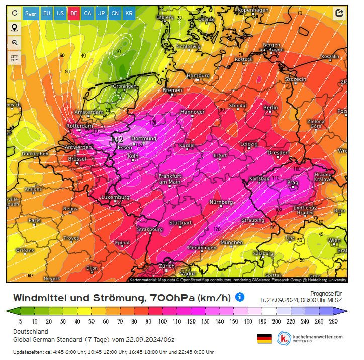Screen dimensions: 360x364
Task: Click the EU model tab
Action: pyautogui.click(x=47, y=13)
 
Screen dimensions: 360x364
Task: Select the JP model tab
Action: pyautogui.click(x=102, y=13)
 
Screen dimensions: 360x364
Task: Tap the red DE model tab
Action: pyautogui.click(x=74, y=13)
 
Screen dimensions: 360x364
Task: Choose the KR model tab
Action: pyautogui.click(x=129, y=13)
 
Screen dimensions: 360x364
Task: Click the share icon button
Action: pyautogui.click(x=339, y=13)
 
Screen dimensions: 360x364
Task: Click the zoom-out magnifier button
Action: pyautogui.click(x=14, y=42)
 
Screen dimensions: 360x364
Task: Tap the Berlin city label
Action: pyautogui.click(x=270, y=108)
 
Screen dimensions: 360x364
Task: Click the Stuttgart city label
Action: pyautogui.click(x=180, y=222)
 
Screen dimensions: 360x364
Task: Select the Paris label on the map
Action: pyautogui.click(x=34, y=220)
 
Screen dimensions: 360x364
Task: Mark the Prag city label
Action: pyautogui.click(x=293, y=182)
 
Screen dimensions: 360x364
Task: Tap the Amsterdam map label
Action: pyautogui.click(x=88, y=112)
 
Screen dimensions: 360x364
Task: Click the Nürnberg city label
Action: pyautogui.click(x=221, y=202)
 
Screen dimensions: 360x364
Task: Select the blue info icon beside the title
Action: pyautogui.click(x=240, y=297)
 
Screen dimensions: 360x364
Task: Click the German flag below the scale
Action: pyautogui.click(x=264, y=338)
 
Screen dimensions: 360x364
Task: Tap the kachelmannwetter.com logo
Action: pyautogui.click(x=311, y=338)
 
